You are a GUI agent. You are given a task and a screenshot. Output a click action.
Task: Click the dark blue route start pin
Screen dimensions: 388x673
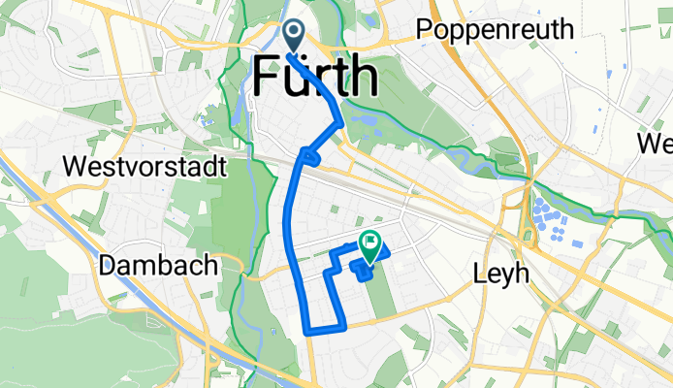click(294, 36)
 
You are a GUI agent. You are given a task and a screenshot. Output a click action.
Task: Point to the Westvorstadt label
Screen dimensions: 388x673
click(144, 167)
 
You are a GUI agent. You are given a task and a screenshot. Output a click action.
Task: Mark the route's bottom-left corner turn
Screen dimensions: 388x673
click(308, 331)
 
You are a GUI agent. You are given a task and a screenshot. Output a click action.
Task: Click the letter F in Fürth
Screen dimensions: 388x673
click(269, 77)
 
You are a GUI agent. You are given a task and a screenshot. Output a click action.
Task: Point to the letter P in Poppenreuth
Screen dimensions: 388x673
click(425, 30)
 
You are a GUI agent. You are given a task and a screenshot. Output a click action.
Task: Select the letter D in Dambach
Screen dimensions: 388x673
click(109, 266)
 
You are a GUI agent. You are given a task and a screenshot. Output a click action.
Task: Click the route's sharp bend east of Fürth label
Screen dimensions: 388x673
click(340, 121)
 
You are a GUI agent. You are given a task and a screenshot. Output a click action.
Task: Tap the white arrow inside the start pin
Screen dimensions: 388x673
click(294, 33)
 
